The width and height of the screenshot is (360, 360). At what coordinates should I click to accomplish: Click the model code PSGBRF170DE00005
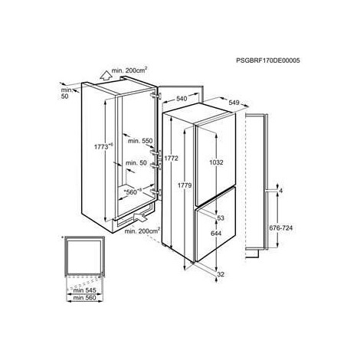268,61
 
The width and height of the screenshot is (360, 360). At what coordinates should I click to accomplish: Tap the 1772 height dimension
171,159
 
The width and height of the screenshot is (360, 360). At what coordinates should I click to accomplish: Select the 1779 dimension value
185,185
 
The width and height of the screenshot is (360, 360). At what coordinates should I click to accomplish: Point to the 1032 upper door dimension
216,162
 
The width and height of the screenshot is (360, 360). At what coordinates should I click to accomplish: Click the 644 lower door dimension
216,233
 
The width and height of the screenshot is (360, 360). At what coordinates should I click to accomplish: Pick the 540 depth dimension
182,98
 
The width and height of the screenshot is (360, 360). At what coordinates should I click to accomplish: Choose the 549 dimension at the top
234,103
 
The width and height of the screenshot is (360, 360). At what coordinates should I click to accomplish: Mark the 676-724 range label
280,227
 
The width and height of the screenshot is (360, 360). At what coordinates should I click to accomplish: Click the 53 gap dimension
221,218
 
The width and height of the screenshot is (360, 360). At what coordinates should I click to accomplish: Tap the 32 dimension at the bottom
221,274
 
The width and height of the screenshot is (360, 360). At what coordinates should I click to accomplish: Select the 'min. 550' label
140,141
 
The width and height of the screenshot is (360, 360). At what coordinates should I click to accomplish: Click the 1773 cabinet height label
103,146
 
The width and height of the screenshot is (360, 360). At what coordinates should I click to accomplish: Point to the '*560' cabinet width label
133,191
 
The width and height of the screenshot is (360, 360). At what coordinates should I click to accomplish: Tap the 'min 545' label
84,290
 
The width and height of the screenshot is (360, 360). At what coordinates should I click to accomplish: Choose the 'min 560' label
84,298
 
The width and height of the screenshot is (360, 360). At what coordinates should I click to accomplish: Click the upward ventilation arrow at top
106,76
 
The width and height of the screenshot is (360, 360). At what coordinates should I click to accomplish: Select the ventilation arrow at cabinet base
140,218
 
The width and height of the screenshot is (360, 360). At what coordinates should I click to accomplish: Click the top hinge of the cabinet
156,96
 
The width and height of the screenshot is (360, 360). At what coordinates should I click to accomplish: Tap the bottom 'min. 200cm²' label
142,231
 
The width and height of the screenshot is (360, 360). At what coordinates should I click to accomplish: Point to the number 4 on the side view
281,191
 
